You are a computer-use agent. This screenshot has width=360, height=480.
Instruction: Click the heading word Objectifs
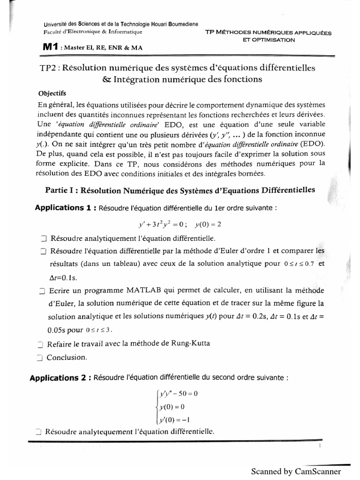tap(52, 93)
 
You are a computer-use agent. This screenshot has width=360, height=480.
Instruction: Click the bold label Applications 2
tap(60, 377)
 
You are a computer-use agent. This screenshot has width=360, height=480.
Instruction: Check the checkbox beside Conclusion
tap(39, 358)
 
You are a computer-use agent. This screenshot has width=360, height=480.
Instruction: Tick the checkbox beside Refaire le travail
tap(39, 344)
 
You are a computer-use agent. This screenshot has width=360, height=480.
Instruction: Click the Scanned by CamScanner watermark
tap(299, 471)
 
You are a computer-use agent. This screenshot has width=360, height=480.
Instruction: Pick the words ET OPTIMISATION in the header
tap(269, 40)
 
